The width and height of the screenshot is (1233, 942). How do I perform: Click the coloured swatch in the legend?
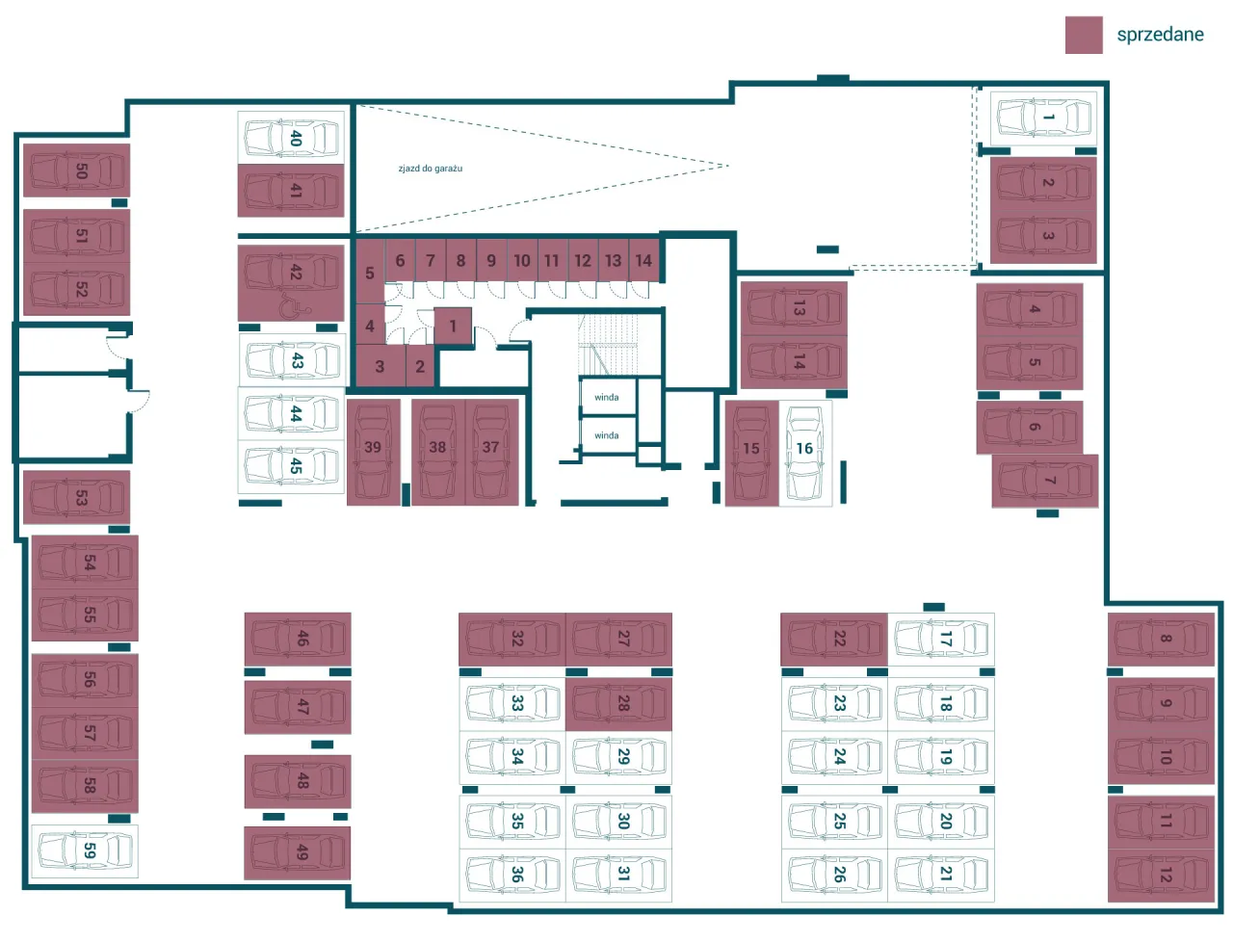1084,35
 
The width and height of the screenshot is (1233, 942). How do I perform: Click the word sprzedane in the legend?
1160,35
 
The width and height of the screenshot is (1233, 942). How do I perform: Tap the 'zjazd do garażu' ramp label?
431,169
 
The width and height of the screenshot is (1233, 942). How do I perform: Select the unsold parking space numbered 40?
291,138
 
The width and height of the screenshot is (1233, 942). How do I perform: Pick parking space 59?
85,850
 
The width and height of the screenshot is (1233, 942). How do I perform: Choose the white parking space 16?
805,453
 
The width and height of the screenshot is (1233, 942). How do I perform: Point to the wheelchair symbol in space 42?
296,304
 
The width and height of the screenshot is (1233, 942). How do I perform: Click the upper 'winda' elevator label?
607,397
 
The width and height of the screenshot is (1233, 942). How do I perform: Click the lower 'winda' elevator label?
607,435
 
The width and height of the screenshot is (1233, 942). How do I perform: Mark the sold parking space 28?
618,704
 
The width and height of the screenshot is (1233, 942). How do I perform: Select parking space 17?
941,640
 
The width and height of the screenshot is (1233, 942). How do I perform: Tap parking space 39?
374,452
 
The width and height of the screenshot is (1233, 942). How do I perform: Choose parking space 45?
291,467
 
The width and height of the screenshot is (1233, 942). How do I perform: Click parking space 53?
76,497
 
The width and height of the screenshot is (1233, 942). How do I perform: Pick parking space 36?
512,876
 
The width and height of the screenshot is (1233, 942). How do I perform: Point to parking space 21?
941,875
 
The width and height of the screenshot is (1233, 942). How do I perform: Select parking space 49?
297,852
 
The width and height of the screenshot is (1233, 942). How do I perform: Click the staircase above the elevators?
609,344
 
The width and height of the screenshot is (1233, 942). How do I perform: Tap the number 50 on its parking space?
82,170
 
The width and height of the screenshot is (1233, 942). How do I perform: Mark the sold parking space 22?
834,640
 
